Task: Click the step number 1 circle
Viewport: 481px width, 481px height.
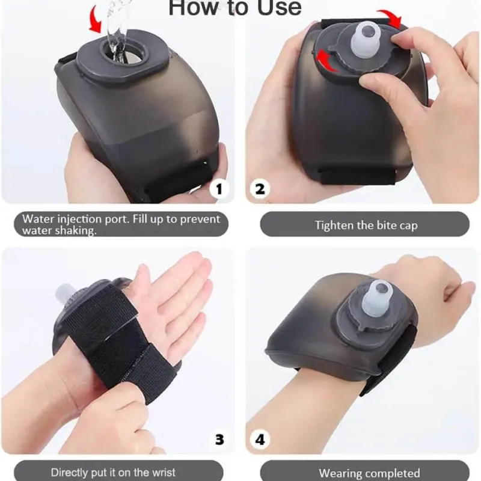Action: pos(219,189)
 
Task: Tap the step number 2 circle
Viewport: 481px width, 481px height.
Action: pos(260,189)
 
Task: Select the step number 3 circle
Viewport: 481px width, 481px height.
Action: pos(219,440)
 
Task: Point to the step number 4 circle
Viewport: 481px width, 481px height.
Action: pos(260,440)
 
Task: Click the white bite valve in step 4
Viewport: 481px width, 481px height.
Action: pos(377,295)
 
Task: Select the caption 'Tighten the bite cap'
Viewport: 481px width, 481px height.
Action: pos(366,225)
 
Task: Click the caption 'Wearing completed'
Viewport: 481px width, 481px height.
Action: pos(369,473)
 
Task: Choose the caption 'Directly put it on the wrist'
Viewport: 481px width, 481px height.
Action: pos(113,472)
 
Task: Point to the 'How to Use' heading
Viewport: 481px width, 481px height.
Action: pos(235,7)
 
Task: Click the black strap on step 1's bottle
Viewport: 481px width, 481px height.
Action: pos(175,183)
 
